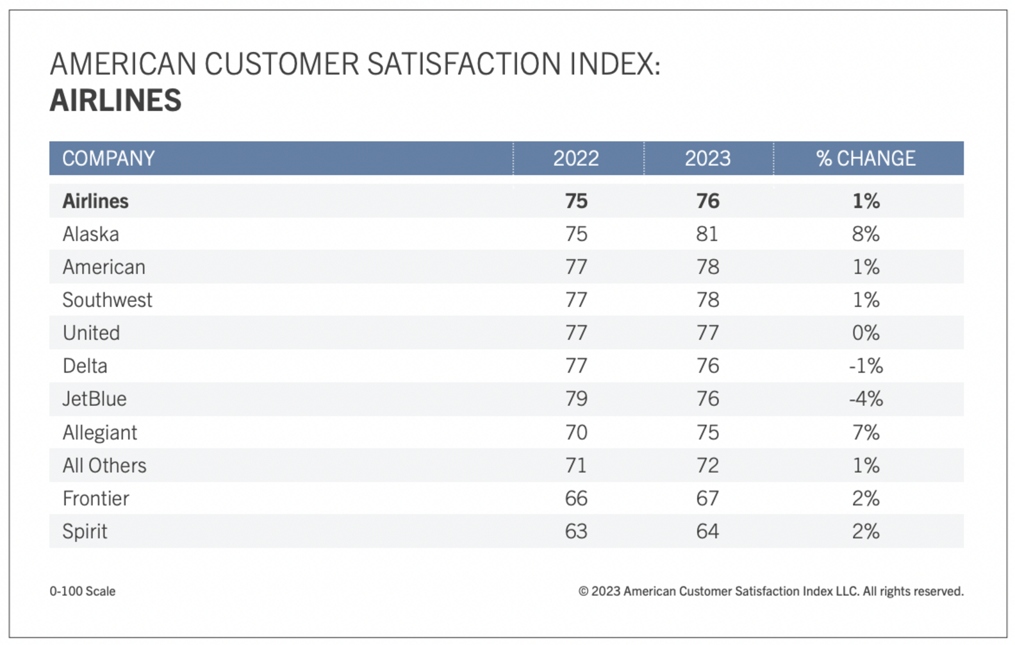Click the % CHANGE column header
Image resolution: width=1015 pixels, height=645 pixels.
[x=865, y=158]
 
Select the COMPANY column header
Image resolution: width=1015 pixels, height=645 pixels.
[x=108, y=158]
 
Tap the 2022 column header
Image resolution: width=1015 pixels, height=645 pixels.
[x=575, y=158]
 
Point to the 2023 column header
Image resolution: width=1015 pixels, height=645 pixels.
[x=707, y=158]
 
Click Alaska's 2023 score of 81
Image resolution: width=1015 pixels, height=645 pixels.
[x=707, y=234]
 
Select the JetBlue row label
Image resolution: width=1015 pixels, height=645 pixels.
[x=94, y=399]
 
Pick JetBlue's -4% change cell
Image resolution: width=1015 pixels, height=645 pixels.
[x=866, y=399]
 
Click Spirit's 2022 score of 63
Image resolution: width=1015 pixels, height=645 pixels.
[x=575, y=532]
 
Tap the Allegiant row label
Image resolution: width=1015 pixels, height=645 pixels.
[x=99, y=433]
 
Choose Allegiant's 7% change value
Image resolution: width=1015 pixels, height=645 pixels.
[x=866, y=433]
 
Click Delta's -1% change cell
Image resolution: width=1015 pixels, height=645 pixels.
[x=866, y=366]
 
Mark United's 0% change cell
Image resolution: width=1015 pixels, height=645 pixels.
[x=866, y=333]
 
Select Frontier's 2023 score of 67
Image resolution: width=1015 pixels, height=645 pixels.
[x=707, y=498]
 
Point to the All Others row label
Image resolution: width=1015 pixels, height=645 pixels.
[x=104, y=465]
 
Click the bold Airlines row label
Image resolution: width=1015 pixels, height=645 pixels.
[x=95, y=201]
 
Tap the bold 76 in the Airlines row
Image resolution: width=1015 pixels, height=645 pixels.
[x=707, y=201]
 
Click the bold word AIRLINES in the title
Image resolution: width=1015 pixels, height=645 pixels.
[x=115, y=101]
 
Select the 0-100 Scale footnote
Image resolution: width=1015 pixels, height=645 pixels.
[x=82, y=591]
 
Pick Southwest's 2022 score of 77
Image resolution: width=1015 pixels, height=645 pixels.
[x=575, y=300]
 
